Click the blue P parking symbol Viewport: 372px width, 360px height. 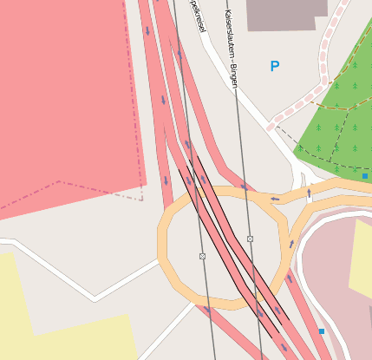click(x=275, y=66)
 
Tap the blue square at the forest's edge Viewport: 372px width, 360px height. click(x=365, y=176)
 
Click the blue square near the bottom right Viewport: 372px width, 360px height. click(x=322, y=331)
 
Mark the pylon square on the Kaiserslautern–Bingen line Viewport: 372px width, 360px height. click(x=250, y=239)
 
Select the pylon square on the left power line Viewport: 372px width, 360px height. click(x=202, y=256)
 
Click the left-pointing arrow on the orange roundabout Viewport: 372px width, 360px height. click(x=275, y=199)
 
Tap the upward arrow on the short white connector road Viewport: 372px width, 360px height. click(x=309, y=193)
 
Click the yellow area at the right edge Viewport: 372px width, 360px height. click(x=362, y=260)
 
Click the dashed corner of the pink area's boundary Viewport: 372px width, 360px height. click(x=141, y=200)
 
